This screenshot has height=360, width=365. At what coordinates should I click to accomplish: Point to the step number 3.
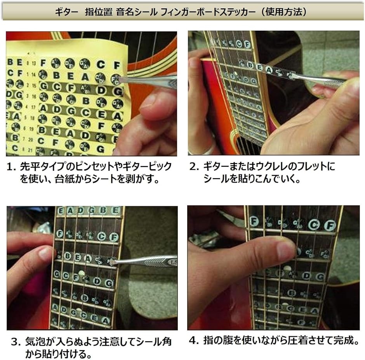point(15,342)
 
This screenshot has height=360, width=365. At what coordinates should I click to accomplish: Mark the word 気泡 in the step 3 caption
point(35,342)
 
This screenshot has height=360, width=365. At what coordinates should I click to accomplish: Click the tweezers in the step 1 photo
point(149,81)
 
